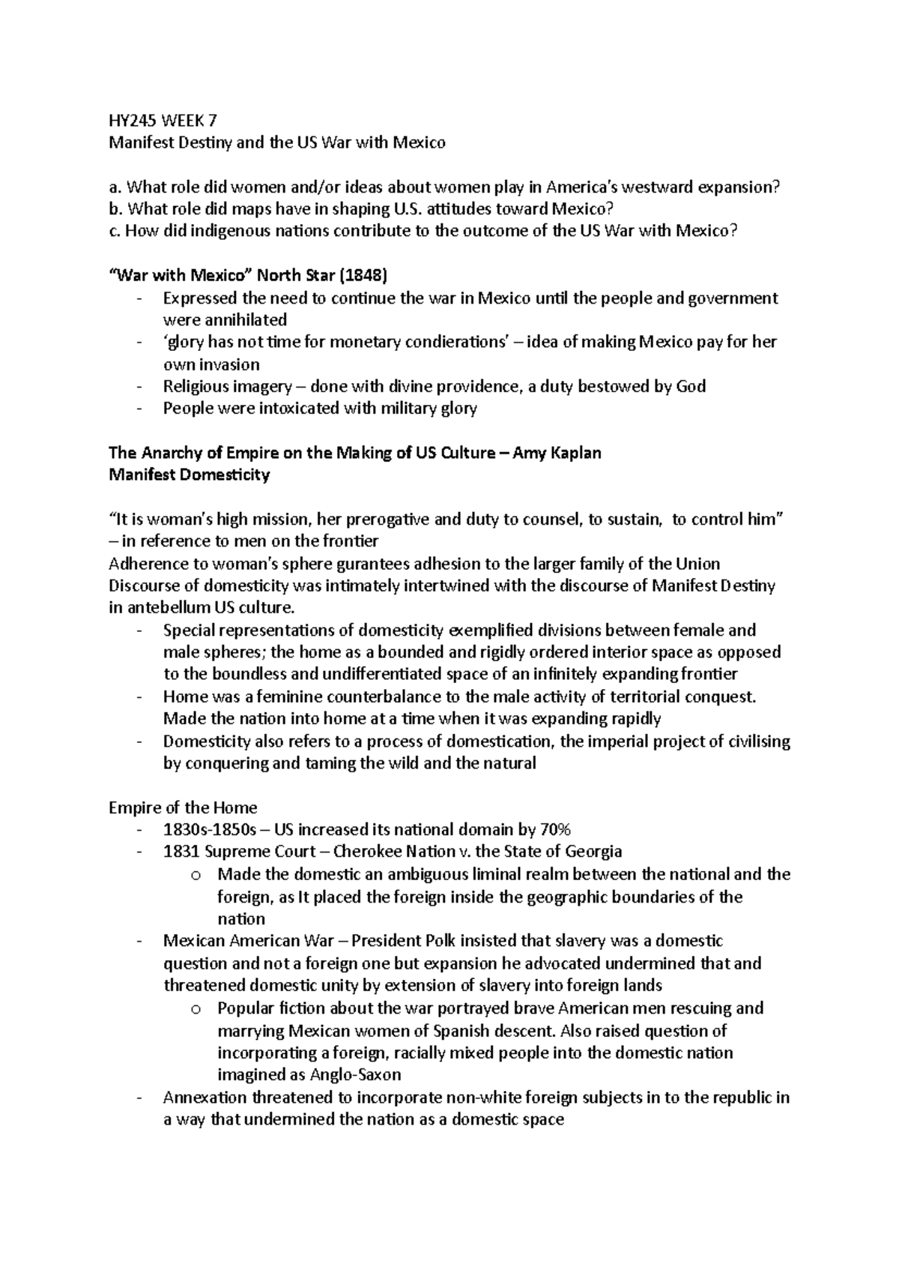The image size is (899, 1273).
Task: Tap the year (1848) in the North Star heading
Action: coord(363,276)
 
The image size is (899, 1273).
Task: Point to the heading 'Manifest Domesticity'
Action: coord(189,475)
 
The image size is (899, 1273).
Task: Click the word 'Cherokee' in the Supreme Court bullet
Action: coord(367,852)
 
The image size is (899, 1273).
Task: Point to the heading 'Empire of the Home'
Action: coord(183,808)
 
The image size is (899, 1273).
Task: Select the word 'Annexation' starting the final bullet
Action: coord(205,1098)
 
